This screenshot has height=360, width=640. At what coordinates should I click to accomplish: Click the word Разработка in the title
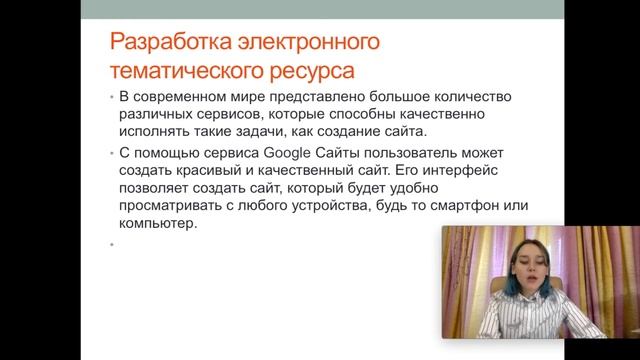tap(169, 45)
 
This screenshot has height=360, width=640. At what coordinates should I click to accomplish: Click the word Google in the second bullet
tap(287, 153)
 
